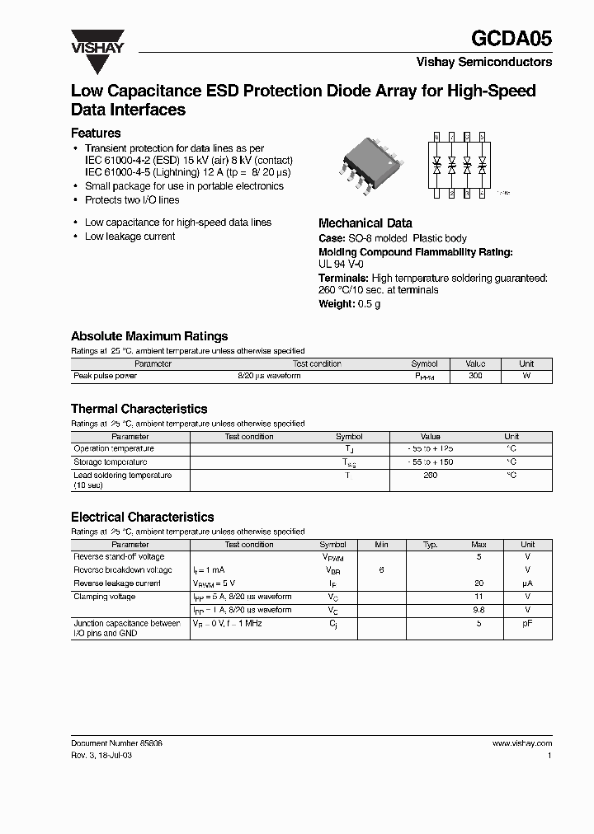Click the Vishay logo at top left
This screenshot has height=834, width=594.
[97, 41]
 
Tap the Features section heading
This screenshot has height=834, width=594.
[96, 133]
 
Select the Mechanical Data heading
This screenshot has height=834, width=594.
[365, 223]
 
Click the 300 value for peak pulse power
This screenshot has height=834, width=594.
[475, 376]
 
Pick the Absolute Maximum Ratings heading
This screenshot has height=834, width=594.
[149, 336]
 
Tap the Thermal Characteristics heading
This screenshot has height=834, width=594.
[139, 409]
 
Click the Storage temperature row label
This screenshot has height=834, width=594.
[111, 462]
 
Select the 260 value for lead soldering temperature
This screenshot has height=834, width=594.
[430, 476]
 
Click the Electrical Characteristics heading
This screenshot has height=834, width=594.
[142, 517]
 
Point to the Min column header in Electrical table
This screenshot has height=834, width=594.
[381, 545]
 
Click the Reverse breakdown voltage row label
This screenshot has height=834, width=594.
[123, 570]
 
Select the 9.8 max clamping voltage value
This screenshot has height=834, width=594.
[478, 611]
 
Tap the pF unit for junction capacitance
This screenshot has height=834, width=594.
[527, 624]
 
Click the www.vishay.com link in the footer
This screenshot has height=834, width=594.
[521, 743]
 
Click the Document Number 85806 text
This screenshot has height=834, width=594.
[116, 743]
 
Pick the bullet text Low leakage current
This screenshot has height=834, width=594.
[130, 237]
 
